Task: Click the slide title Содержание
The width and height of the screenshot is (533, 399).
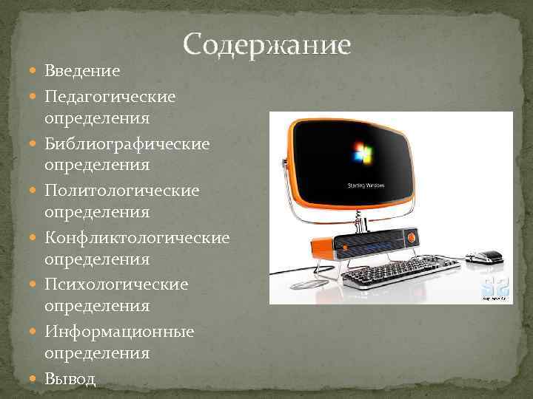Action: (266, 46)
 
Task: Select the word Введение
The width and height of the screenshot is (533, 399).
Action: (82, 71)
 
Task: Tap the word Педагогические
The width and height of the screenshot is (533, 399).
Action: (110, 96)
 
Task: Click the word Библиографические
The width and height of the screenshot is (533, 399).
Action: (127, 143)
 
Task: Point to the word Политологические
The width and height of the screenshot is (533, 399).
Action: (121, 191)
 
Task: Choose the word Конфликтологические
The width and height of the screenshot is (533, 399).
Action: (137, 238)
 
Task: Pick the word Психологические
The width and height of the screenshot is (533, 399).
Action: (116, 284)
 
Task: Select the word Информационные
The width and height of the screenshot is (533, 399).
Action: (119, 332)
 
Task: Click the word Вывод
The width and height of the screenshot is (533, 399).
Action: (70, 379)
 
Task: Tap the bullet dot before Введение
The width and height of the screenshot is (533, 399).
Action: (37, 72)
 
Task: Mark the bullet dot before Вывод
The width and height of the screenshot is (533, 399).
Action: (37, 379)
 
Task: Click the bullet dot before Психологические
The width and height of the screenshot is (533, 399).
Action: (37, 285)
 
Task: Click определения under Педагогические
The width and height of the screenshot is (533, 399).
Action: (97, 118)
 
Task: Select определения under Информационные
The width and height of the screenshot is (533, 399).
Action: (97, 354)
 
